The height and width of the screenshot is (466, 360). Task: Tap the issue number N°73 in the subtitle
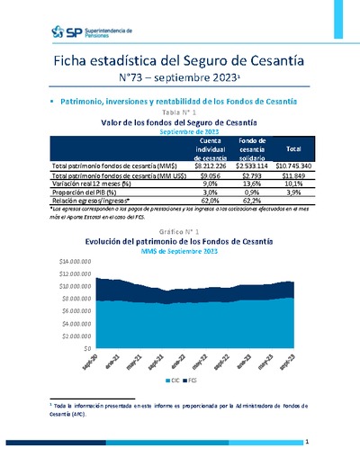[137, 79]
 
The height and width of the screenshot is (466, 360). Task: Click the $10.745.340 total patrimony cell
[292, 166]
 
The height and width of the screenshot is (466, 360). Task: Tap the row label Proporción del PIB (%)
[92, 191]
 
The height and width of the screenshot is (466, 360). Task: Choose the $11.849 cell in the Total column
[294, 175]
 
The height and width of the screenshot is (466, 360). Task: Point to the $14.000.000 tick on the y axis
[76, 259]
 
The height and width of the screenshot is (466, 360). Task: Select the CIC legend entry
[174, 382]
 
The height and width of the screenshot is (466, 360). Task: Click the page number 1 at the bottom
[307, 442]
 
